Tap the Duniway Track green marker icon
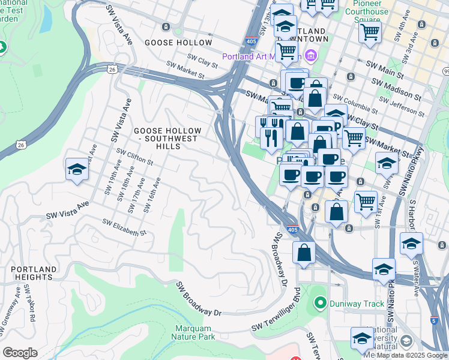pyautogui.click(x=319, y=304)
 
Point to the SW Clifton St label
pyautogui.click(x=135, y=157)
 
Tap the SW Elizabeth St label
pyautogui.click(x=124, y=227)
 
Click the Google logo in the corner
pyautogui.click(x=20, y=353)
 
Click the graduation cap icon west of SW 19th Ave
pyautogui.click(x=77, y=170)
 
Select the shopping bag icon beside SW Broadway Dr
pyautogui.click(x=304, y=253)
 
